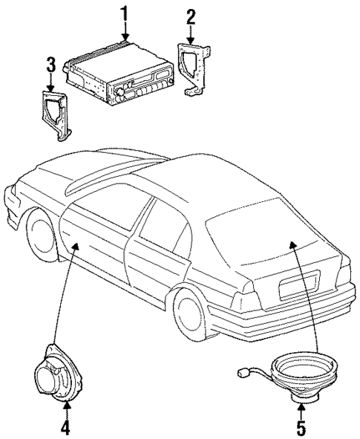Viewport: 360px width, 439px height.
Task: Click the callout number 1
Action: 125,13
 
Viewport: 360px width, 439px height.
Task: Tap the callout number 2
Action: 192,16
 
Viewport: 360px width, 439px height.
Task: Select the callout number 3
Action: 50,65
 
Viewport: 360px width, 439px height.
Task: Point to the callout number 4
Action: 65,427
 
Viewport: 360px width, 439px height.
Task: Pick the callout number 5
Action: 300,427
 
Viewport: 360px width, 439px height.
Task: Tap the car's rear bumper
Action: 297,316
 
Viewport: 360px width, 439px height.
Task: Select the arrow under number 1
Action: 125,29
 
